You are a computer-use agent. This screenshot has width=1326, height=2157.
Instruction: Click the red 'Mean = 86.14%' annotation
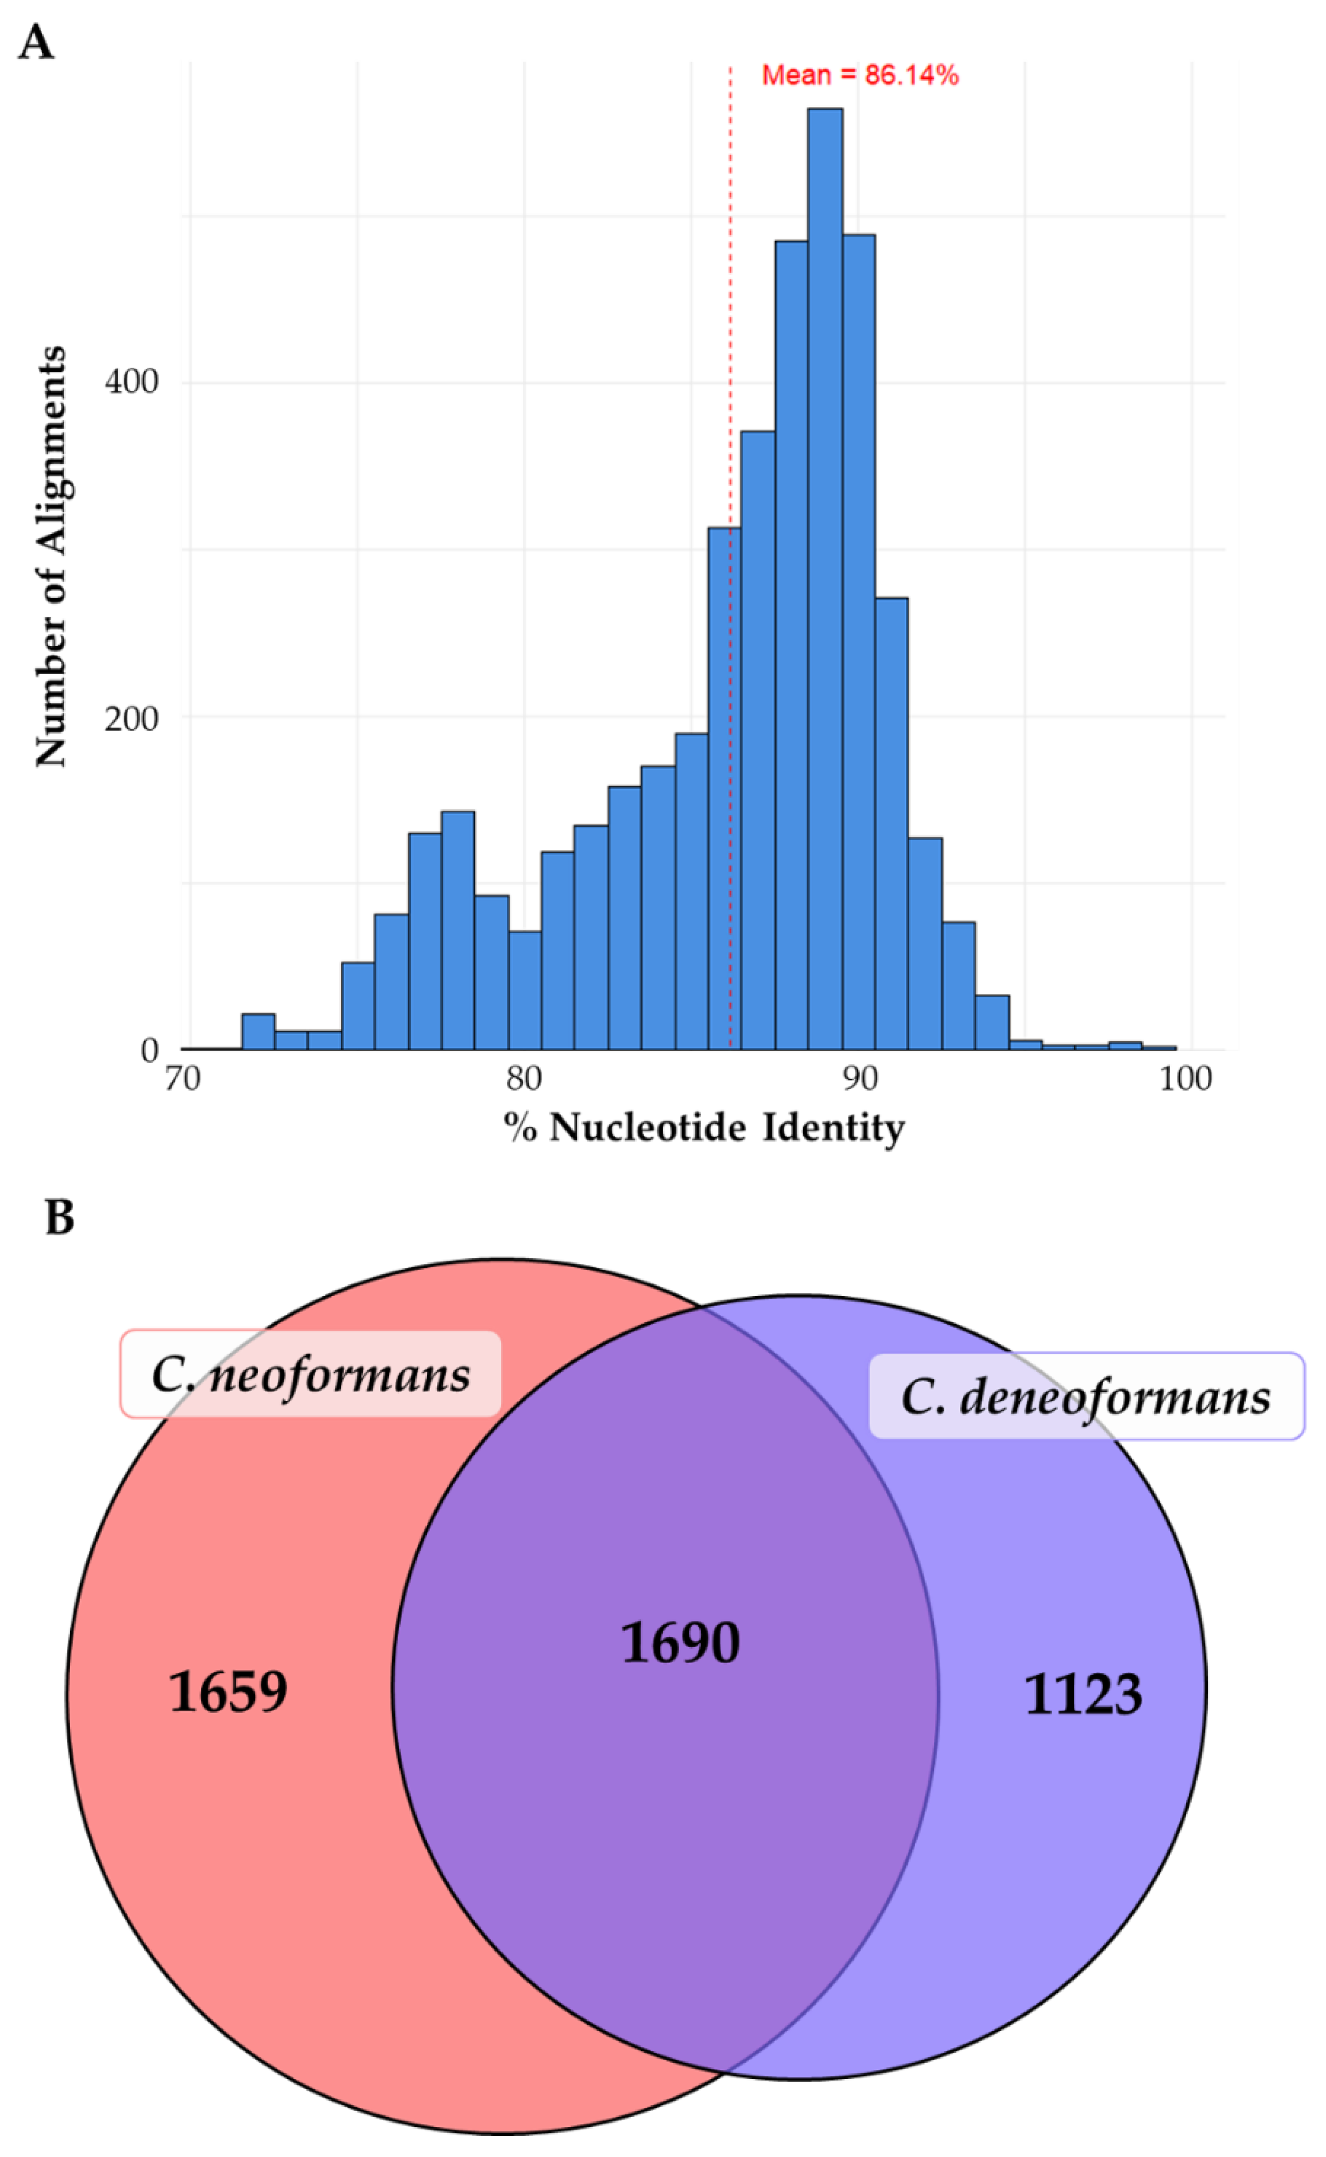point(860,75)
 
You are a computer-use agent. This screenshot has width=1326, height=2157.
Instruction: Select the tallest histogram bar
point(824,579)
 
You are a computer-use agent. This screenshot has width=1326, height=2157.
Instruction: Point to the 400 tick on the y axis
point(131,383)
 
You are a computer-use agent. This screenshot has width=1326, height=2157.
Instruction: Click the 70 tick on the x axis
point(182,1078)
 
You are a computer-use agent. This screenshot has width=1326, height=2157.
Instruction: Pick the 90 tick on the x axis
point(860,1078)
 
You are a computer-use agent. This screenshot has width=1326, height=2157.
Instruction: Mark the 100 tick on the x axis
point(1185,1078)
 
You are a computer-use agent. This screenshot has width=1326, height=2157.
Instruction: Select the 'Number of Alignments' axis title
point(51,556)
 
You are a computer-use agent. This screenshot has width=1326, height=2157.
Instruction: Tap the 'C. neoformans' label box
point(310,1375)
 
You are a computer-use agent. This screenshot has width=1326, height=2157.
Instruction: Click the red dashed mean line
point(730,351)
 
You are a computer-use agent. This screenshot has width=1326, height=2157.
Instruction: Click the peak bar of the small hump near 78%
point(458,930)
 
